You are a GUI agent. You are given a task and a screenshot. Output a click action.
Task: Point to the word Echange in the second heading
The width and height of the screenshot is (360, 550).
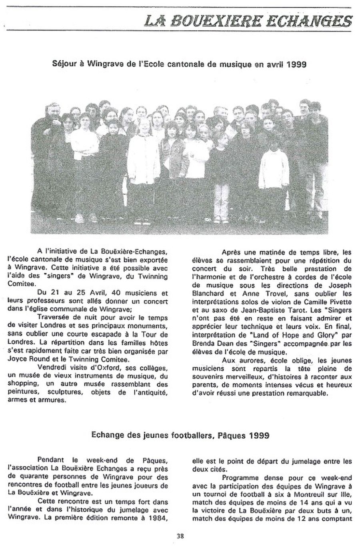click(106, 436)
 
